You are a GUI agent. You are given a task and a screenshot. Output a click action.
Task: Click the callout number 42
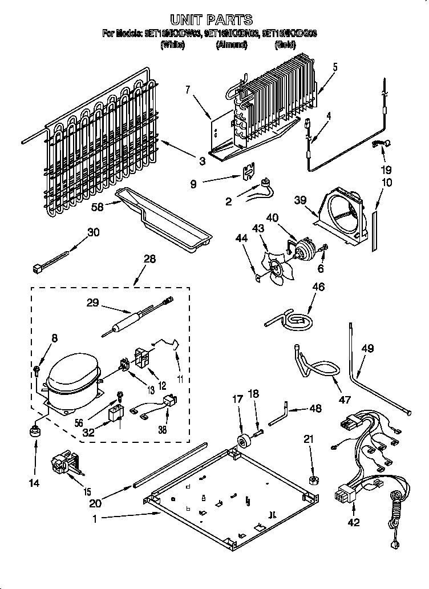click(x=354, y=522)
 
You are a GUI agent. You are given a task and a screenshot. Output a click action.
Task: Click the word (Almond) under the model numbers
click(x=231, y=45)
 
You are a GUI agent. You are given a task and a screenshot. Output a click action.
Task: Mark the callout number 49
click(x=367, y=349)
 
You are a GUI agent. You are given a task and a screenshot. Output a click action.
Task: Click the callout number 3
click(x=202, y=162)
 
